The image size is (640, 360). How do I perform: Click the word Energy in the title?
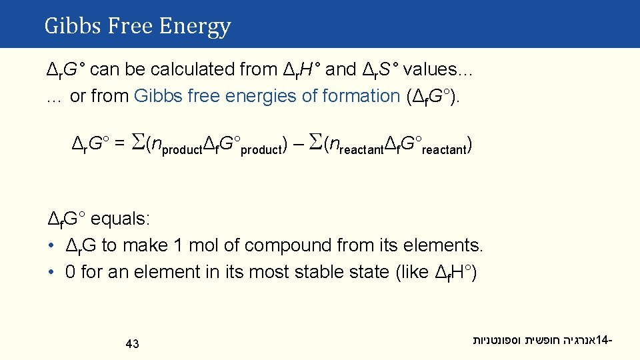click(195, 27)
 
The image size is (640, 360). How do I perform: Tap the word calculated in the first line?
click(216, 69)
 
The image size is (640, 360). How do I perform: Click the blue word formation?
click(361, 96)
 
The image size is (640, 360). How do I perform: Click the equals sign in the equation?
click(118, 143)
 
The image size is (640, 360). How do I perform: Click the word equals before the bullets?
click(121, 219)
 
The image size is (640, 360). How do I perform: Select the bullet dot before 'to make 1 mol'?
click(51, 245)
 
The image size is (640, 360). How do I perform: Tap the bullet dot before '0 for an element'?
click(51, 272)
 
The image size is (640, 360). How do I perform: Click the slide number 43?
click(132, 344)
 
